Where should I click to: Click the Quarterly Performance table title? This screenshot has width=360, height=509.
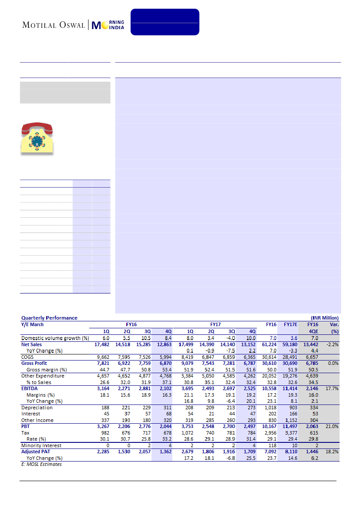coord(49,318)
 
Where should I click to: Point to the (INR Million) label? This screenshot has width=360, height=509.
coord(324,318)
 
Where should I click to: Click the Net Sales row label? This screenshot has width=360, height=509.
coord(31,344)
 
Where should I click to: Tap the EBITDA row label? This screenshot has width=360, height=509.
coord(30,388)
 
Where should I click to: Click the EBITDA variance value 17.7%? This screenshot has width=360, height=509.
coord(332,388)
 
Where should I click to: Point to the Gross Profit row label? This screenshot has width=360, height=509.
coord(34,363)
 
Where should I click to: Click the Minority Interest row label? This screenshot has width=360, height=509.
coord(41,445)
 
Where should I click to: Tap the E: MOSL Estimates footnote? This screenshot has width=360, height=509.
coord(42,464)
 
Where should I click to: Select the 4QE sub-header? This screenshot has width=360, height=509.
coord(312,331)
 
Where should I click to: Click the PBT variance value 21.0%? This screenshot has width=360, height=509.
coord(332,426)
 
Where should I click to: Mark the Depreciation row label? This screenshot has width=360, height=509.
coord(37,408)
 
